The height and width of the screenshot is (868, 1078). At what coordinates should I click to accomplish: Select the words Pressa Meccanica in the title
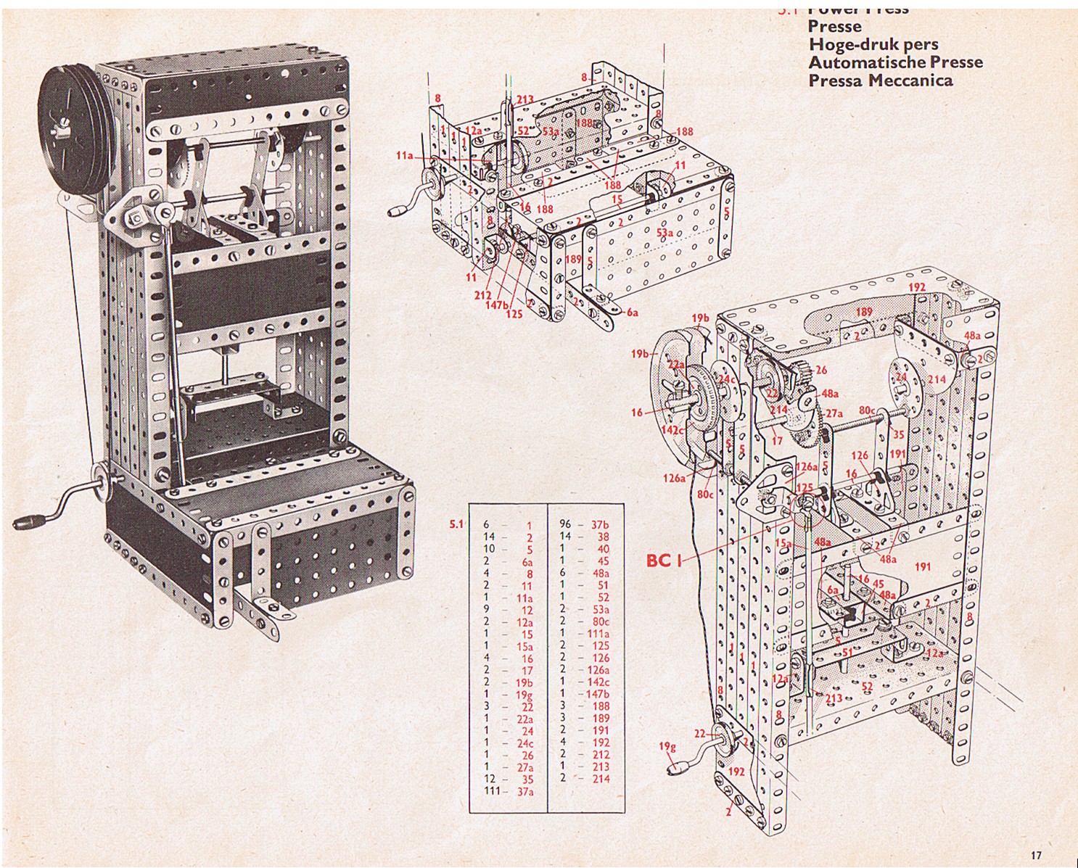pos(881,80)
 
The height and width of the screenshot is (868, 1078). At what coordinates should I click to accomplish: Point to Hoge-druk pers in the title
pos(873,44)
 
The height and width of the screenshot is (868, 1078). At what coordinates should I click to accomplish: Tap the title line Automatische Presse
pos(895,62)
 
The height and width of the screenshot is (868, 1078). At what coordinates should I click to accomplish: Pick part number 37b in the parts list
pos(599,524)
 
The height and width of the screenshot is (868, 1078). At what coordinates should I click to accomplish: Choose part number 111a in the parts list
pos(599,633)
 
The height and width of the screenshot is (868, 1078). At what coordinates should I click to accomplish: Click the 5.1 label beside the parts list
pos(456,524)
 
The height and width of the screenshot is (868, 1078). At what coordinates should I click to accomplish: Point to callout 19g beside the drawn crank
pos(667,746)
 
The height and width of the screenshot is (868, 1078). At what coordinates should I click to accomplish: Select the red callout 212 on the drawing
pos(482,295)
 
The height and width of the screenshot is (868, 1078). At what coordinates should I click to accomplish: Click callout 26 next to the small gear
pos(820,370)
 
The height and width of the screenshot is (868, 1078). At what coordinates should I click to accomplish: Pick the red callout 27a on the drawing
pos(834,413)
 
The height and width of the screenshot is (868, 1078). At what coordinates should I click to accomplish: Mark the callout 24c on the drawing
pos(725,379)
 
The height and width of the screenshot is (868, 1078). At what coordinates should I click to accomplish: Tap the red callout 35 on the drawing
pos(898,436)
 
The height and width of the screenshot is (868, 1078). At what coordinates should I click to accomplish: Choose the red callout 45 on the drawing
pos(878,583)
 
